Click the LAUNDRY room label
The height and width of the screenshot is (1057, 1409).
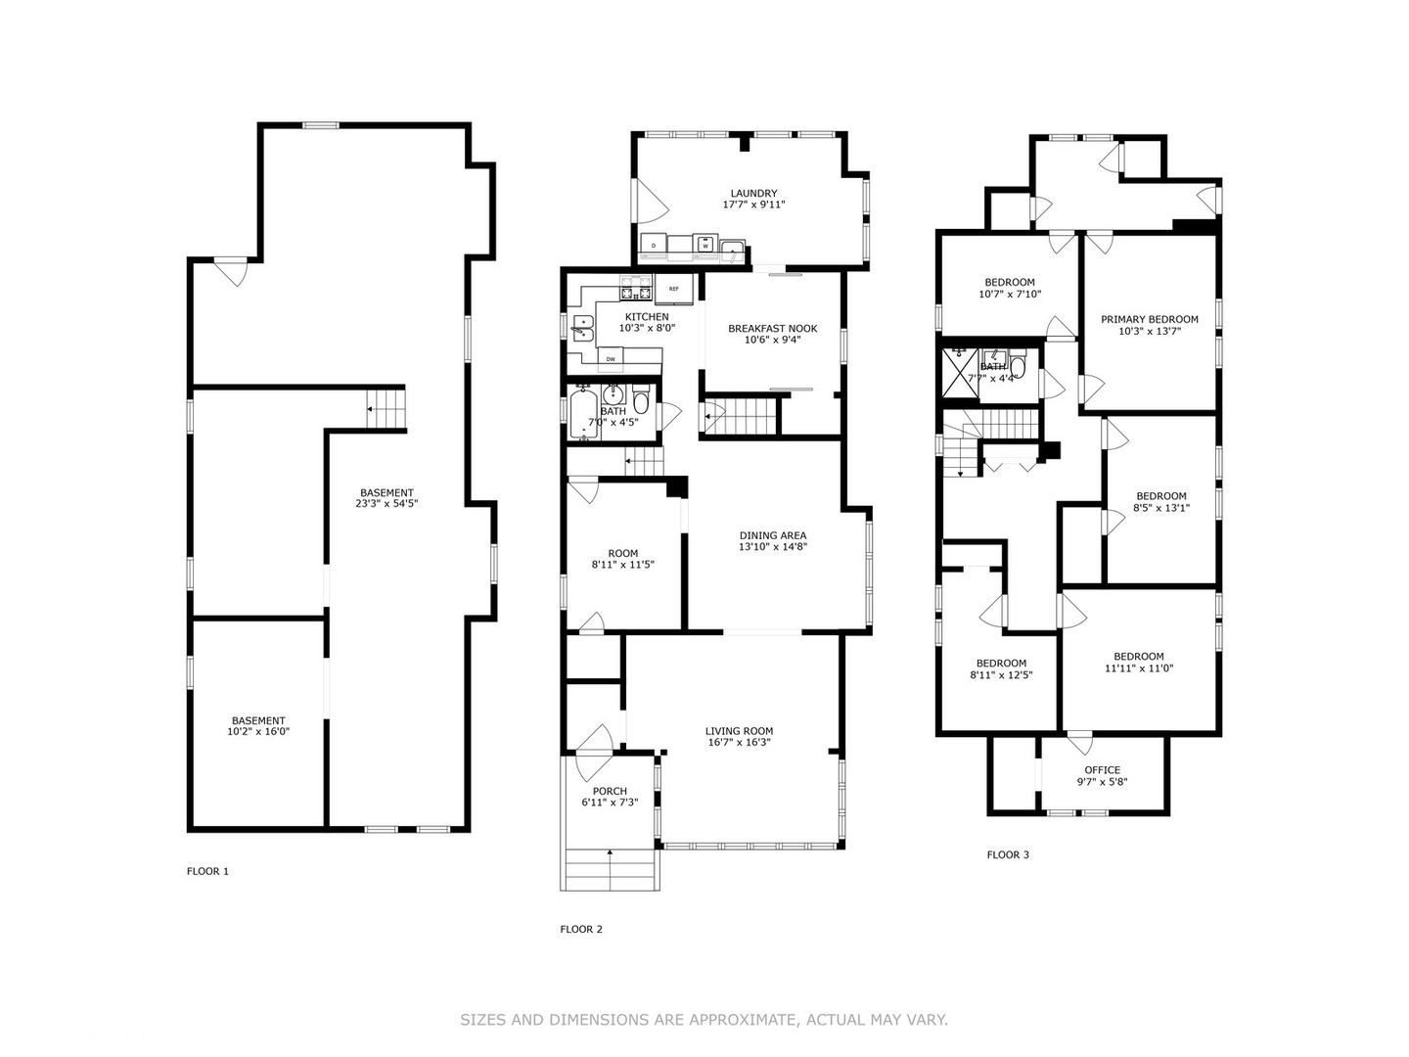pyautogui.click(x=753, y=193)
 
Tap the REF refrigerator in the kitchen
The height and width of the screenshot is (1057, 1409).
pyautogui.click(x=674, y=289)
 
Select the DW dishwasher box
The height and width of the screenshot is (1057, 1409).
pyautogui.click(x=611, y=359)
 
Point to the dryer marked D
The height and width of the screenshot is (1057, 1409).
pyautogui.click(x=654, y=245)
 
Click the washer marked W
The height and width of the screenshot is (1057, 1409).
pyautogui.click(x=704, y=245)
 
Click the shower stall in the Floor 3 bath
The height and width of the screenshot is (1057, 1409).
pyautogui.click(x=960, y=376)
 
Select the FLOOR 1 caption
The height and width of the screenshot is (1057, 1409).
pyautogui.click(x=207, y=871)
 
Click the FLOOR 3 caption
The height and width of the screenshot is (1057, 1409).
pyautogui.click(x=1008, y=854)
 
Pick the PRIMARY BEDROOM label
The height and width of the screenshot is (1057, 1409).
pyautogui.click(x=1149, y=319)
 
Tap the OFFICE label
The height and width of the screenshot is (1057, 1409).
pyautogui.click(x=1102, y=770)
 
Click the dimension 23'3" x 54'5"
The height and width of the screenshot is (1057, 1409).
pyautogui.click(x=386, y=504)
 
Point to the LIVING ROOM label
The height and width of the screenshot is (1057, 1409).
pyautogui.click(x=739, y=731)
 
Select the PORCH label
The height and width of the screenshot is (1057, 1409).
pyautogui.click(x=610, y=792)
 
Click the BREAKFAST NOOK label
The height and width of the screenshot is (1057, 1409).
pyautogui.click(x=772, y=329)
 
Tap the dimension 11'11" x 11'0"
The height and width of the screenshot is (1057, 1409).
pyautogui.click(x=1139, y=668)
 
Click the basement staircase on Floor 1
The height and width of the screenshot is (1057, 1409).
pyautogui.click(x=386, y=409)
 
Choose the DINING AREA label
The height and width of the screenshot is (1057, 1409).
pyautogui.click(x=772, y=535)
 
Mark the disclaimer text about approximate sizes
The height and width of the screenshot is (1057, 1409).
pyautogui.click(x=704, y=1020)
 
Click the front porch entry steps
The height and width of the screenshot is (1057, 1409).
pyautogui.click(x=610, y=870)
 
